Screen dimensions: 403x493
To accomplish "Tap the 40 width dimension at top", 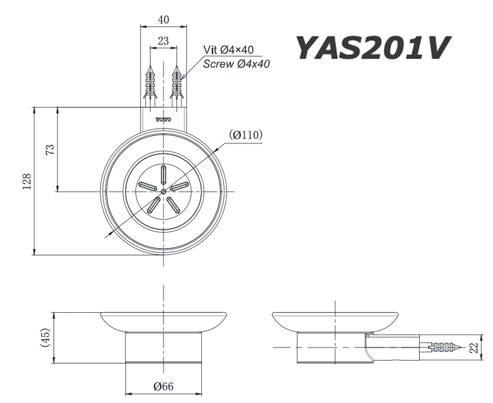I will [164, 20].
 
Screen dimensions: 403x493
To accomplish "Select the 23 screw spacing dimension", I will [164, 41].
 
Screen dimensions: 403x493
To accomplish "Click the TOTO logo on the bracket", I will [164, 119].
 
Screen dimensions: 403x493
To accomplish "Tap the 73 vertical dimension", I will [49, 149].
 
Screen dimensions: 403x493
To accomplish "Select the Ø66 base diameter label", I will [163, 387].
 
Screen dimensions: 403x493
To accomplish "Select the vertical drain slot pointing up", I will [164, 175].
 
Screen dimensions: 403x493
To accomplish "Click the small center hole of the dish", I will [164, 191].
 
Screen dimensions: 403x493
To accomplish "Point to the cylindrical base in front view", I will [164, 348].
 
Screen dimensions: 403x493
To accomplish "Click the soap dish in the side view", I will [335, 321].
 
